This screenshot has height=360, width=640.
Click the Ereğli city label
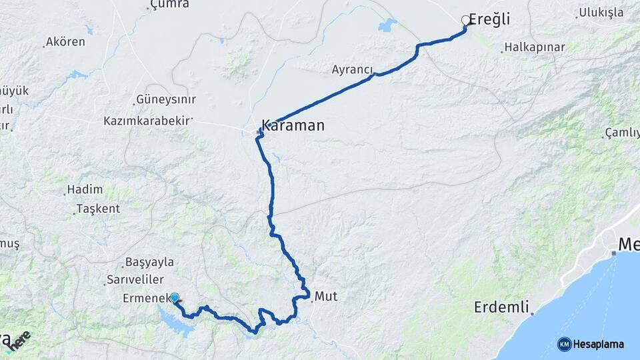click(489, 19)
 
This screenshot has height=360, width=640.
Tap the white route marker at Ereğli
click(466, 21)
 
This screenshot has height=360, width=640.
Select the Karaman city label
click(293, 125)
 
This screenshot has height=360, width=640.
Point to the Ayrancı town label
click(352, 69)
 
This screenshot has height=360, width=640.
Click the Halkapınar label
click(535, 47)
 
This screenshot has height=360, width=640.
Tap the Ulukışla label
click(600, 12)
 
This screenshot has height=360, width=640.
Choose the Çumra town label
click(170, 5)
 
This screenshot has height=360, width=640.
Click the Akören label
click(65, 42)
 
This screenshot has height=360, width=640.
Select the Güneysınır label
click(165, 99)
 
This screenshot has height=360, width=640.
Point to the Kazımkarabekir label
click(146, 121)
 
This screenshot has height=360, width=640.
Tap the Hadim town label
click(85, 190)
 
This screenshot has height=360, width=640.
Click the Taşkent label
click(98, 209)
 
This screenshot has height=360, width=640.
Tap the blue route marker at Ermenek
click(174, 298)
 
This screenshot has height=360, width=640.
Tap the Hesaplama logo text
click(598, 344)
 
